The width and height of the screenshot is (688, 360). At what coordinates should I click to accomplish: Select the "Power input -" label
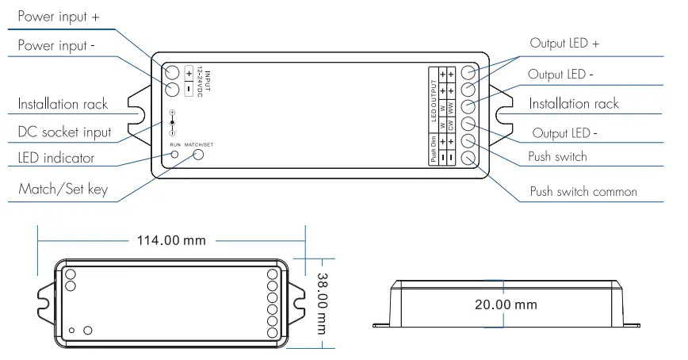pos(56,46)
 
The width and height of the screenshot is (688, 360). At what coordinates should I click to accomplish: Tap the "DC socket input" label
pos(64,132)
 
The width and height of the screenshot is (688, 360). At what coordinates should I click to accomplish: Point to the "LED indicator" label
pos(55,158)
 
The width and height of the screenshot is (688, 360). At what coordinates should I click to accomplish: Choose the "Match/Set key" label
pos(63,190)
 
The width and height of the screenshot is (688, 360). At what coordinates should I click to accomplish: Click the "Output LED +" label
pos(564,43)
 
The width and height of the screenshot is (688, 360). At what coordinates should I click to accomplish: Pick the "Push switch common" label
pos(583,191)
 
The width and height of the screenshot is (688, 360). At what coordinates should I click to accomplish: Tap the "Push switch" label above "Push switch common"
pos(558,156)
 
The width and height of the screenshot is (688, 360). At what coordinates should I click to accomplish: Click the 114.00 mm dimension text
pos(172,239)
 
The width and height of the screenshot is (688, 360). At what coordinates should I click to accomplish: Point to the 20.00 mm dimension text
pos(506,304)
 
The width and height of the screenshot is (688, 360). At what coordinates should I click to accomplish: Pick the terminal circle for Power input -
pos(172,88)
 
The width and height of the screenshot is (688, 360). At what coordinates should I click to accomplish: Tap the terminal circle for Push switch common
pos(468,158)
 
